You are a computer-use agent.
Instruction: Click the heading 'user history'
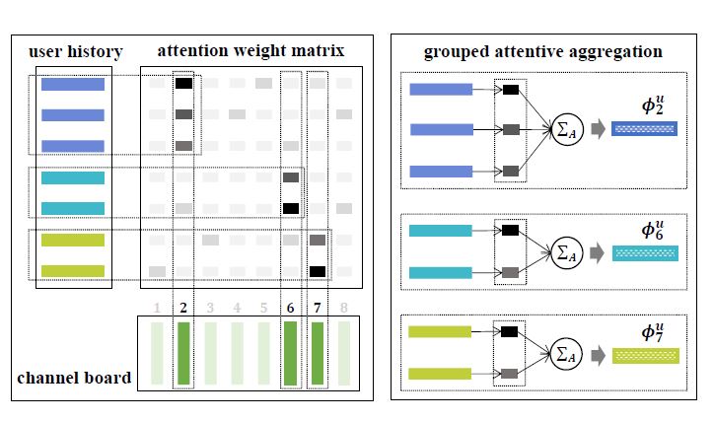[x=75, y=51]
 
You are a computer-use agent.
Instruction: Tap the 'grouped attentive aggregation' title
[x=542, y=51]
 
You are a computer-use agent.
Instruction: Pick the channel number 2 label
[x=183, y=308]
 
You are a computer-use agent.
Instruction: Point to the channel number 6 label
[x=290, y=308]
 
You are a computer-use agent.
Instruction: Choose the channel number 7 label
[x=317, y=308]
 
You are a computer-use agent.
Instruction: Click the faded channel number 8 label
[x=343, y=308]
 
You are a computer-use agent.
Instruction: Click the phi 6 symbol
[x=647, y=232]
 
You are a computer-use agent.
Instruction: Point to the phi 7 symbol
[x=647, y=332]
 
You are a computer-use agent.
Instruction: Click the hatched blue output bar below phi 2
[x=644, y=129]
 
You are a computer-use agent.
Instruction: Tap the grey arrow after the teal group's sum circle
[x=597, y=253]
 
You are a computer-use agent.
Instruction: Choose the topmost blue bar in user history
[x=73, y=85]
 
